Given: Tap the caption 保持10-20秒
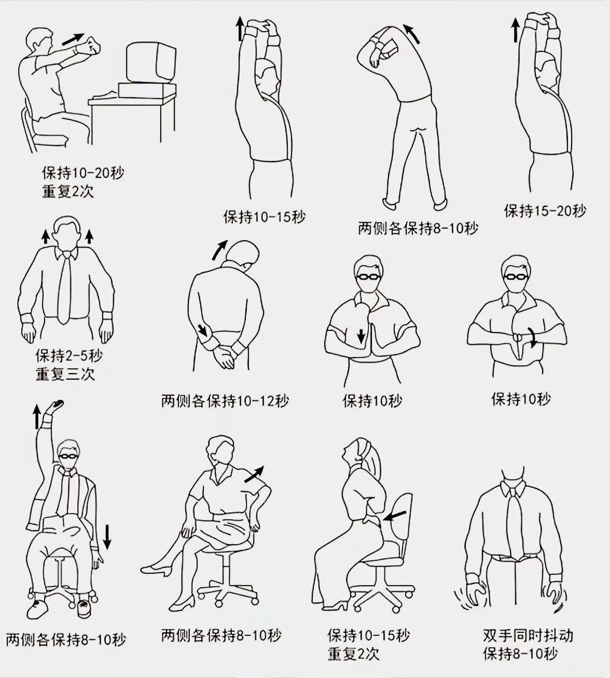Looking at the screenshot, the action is point(83,173).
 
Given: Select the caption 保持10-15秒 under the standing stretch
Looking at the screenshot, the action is point(264,216).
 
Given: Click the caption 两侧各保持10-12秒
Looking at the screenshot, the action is point(225,401).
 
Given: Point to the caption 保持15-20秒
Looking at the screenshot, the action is point(545,211).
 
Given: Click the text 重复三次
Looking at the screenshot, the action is point(65,374).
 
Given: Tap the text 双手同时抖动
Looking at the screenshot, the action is point(528,635).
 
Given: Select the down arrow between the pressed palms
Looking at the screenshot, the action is point(361,336).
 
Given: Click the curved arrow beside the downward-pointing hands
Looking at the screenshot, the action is point(534,337).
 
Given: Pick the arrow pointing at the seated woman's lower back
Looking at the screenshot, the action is point(396,516).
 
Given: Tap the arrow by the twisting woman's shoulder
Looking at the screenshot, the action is point(254,474).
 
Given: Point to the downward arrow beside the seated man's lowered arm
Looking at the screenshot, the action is point(107,537).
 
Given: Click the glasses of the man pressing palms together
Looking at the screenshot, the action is point(369,276).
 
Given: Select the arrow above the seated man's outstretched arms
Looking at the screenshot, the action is point(73,39).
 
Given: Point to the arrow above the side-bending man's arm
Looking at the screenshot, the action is point(411,34).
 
